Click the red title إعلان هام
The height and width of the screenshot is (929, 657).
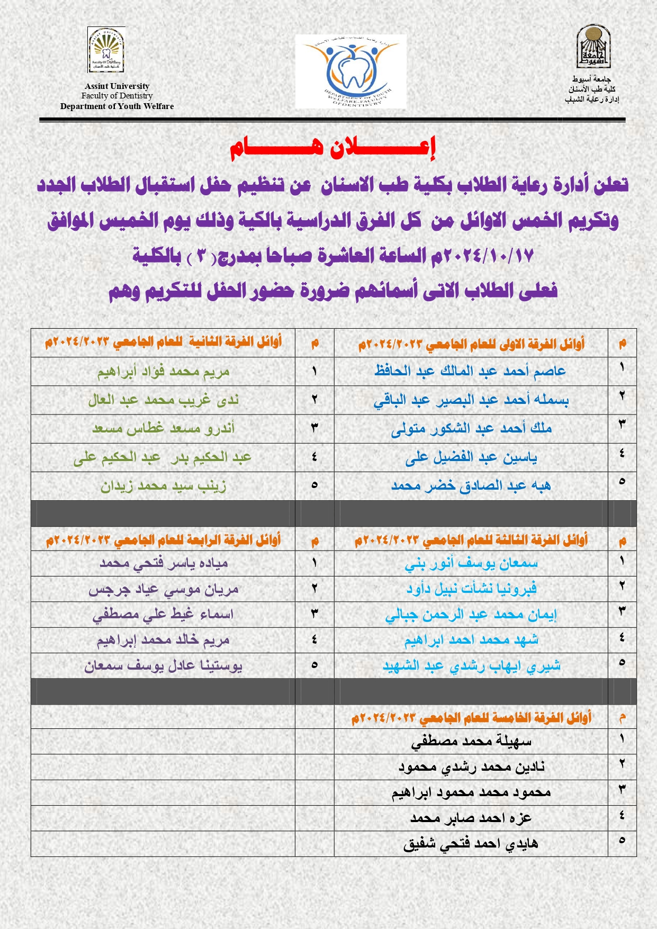pos(332,148)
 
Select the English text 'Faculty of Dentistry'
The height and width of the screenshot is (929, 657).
pos(117,96)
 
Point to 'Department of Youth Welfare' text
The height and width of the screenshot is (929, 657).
pos(117,106)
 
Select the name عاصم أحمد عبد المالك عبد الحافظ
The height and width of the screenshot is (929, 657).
pos(470,371)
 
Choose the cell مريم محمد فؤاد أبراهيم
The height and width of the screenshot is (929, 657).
pos(163,372)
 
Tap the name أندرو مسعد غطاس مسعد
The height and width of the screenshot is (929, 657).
pos(163,428)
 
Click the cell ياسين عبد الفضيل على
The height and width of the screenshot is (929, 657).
pos(471,457)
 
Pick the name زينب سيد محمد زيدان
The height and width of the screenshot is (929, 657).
pos(163,486)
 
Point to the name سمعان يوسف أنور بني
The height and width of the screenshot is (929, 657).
pos(471,564)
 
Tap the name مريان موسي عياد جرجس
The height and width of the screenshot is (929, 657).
pos(163,589)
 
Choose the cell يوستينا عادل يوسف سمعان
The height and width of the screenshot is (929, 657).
pos(163,665)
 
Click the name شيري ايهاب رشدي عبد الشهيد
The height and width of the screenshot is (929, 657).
pos(471,665)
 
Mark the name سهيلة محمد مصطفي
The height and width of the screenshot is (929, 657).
pos(471,742)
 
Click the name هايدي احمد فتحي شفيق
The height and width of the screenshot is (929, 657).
pos(471,844)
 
